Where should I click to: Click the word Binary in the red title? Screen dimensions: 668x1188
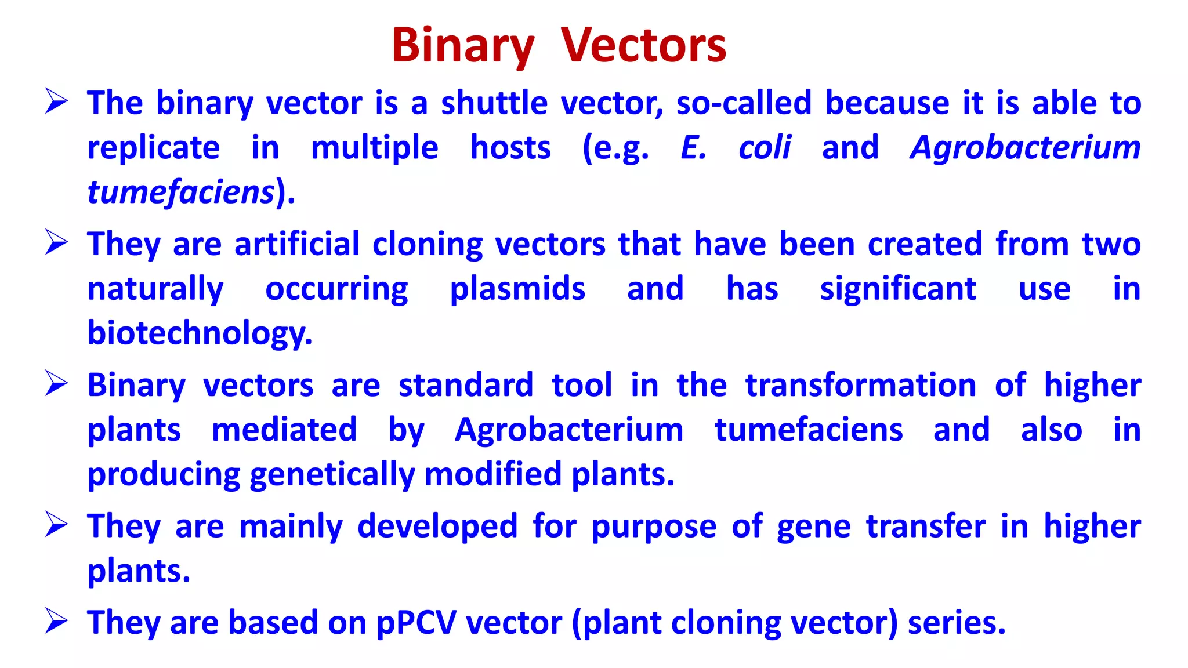pyautogui.click(x=462, y=46)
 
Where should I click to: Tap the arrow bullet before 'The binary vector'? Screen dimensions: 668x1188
pyautogui.click(x=57, y=102)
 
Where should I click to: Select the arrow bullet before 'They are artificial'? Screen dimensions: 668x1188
pyautogui.click(x=57, y=243)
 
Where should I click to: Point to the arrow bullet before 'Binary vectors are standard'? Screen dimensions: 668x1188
pyautogui.click(x=57, y=384)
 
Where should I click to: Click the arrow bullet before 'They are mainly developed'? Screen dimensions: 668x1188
pyautogui.click(x=57, y=525)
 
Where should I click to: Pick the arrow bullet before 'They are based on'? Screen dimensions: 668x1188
pyautogui.click(x=57, y=622)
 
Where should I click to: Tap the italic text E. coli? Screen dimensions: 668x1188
pyautogui.click(x=736, y=147)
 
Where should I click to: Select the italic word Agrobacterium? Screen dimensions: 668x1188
pyautogui.click(x=1025, y=147)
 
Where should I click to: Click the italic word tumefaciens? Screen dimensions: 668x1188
pyautogui.click(x=180, y=192)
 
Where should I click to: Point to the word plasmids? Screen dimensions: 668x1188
pyautogui.click(x=517, y=289)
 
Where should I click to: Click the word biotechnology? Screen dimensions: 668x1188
pyautogui.click(x=200, y=333)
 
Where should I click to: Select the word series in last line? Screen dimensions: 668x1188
pyautogui.click(x=956, y=623)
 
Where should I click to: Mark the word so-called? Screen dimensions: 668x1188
pyautogui.click(x=744, y=103)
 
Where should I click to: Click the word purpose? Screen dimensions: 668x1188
pyautogui.click(x=654, y=527)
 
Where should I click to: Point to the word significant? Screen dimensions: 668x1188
pyautogui.click(x=897, y=289)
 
